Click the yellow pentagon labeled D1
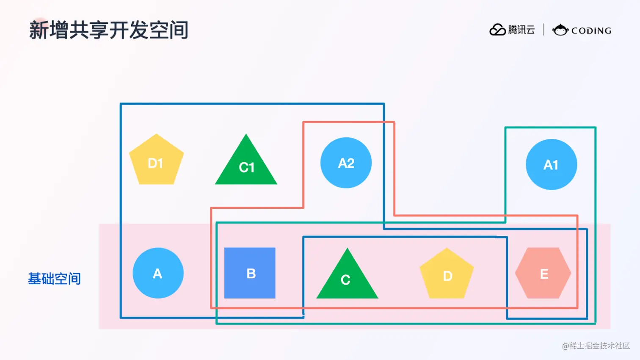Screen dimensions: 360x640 pyautogui.click(x=156, y=161)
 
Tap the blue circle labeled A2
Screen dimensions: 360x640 pyautogui.click(x=346, y=163)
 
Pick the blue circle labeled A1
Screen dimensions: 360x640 pyautogui.click(x=551, y=164)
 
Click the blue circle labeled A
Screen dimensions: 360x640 pyautogui.click(x=158, y=273)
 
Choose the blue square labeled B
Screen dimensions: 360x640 pyautogui.click(x=250, y=273)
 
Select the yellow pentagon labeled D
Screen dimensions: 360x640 pyautogui.click(x=447, y=274)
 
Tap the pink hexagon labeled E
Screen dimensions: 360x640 pyautogui.click(x=543, y=273)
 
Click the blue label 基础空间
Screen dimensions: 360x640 pyautogui.click(x=54, y=279)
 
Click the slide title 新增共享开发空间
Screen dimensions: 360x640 pyautogui.click(x=108, y=30)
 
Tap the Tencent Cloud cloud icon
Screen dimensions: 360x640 pyautogui.click(x=497, y=30)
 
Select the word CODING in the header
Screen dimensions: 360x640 pyautogui.click(x=591, y=30)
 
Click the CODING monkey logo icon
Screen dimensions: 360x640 pyautogui.click(x=560, y=30)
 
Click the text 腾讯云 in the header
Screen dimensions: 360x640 pyautogui.click(x=521, y=30)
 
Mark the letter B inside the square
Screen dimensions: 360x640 pyautogui.click(x=251, y=274)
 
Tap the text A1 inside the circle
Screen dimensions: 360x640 pyautogui.click(x=551, y=165)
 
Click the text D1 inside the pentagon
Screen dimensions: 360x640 pyautogui.click(x=155, y=163)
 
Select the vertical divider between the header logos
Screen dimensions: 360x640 pyautogui.click(x=543, y=30)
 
